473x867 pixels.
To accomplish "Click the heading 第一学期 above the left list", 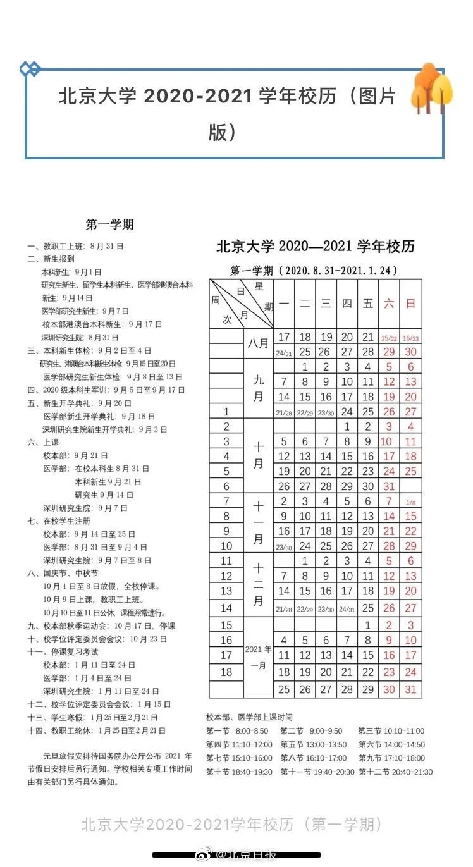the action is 109,224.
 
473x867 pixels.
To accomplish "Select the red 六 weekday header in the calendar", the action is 389,304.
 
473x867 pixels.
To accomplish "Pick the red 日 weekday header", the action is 411,304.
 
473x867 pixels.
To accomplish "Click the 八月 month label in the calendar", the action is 258,343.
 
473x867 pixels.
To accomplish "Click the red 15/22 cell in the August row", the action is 389,338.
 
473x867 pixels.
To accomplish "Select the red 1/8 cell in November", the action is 411,502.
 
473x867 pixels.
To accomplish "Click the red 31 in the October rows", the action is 389,486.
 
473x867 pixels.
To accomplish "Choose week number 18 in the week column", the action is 226,672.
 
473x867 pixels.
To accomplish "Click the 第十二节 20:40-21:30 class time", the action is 395,772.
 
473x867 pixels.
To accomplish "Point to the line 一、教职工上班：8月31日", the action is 75,245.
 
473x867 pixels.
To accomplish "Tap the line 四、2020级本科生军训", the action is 101,390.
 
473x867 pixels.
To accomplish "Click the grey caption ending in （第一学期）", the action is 231,824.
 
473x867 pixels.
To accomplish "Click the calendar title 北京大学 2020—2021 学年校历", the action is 316,247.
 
